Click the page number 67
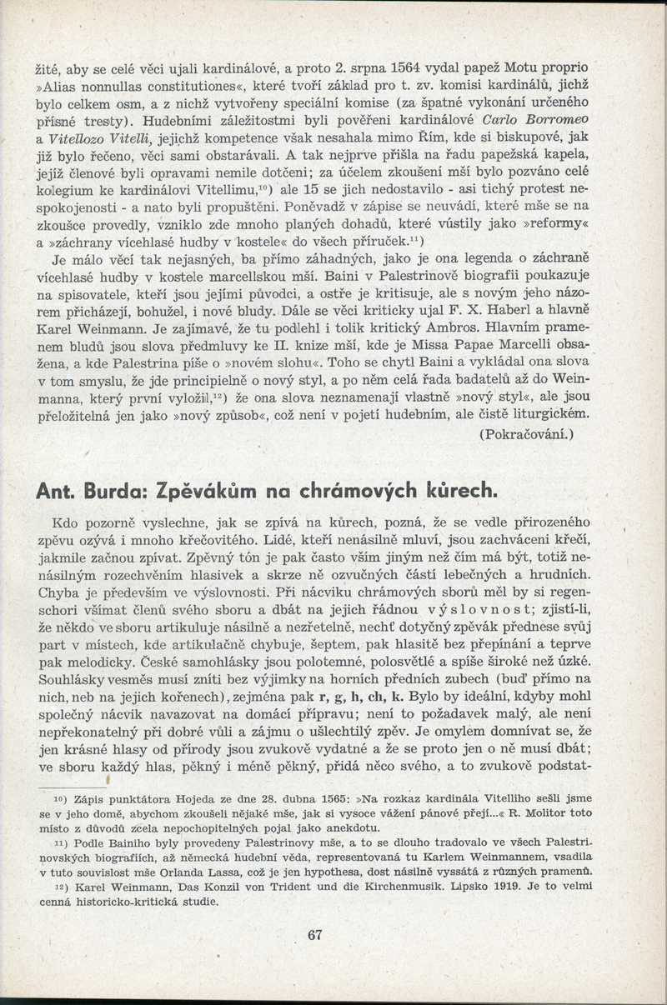click(314, 934)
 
